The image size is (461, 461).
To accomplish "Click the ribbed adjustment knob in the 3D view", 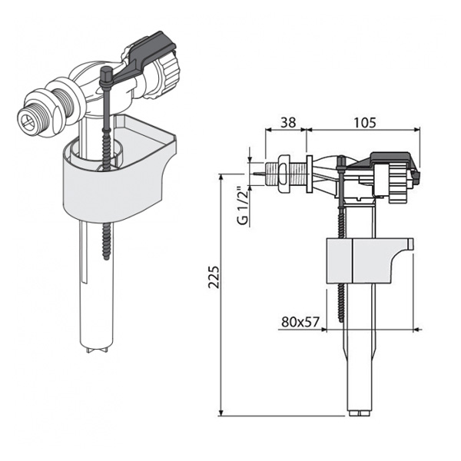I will tap(167, 76).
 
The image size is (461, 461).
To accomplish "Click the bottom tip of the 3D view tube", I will tap(99, 348).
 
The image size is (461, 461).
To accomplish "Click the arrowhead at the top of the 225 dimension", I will tap(221, 177).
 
